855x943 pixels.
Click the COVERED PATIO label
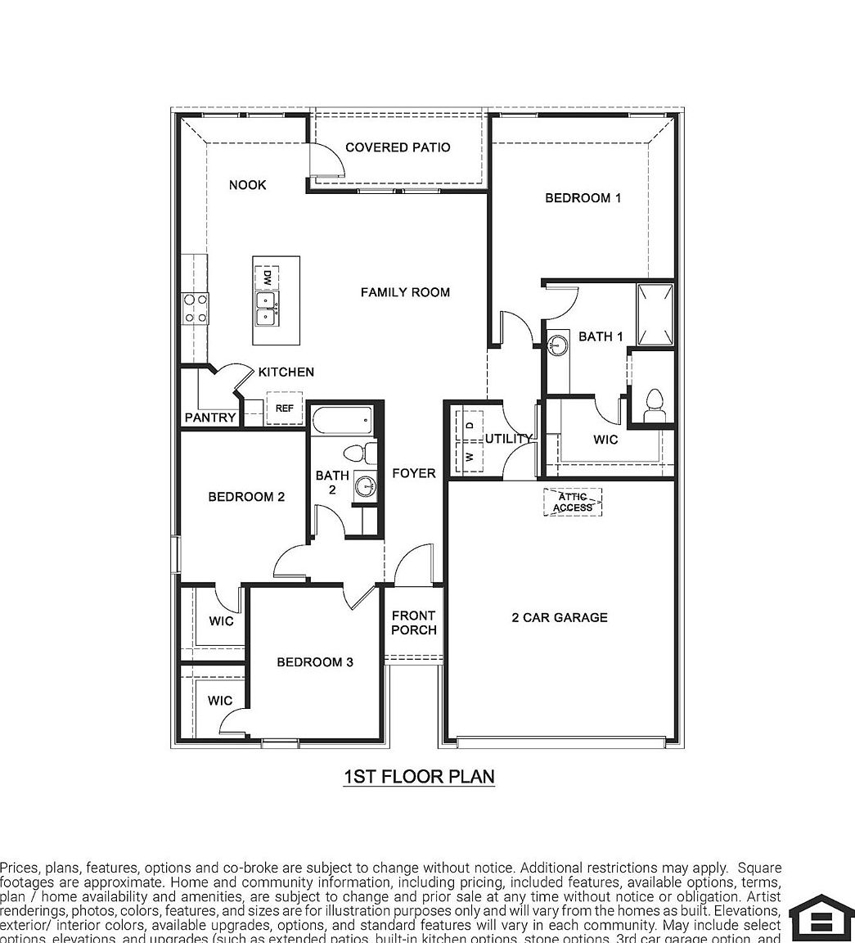[x=398, y=147]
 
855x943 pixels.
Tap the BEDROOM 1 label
[x=583, y=198]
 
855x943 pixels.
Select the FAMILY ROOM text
[x=405, y=292]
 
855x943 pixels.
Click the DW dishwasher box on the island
[x=266, y=276]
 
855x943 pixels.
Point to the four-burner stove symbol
[x=196, y=309]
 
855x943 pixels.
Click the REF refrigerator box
[x=284, y=408]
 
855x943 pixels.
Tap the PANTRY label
[x=210, y=417]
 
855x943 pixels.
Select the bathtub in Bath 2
[x=343, y=421]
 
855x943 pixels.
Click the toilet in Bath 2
[x=359, y=453]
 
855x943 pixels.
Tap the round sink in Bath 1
[x=559, y=344]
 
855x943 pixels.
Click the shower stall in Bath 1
[x=655, y=315]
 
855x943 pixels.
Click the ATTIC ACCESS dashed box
[x=573, y=502]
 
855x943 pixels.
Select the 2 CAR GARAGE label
[x=560, y=617]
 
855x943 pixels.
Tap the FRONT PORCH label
[x=413, y=622]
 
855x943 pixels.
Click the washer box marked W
[x=470, y=456]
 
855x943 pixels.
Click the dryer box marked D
[x=470, y=425]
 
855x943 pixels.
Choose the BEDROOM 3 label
[x=315, y=661]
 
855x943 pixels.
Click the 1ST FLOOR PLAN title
[x=419, y=776]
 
